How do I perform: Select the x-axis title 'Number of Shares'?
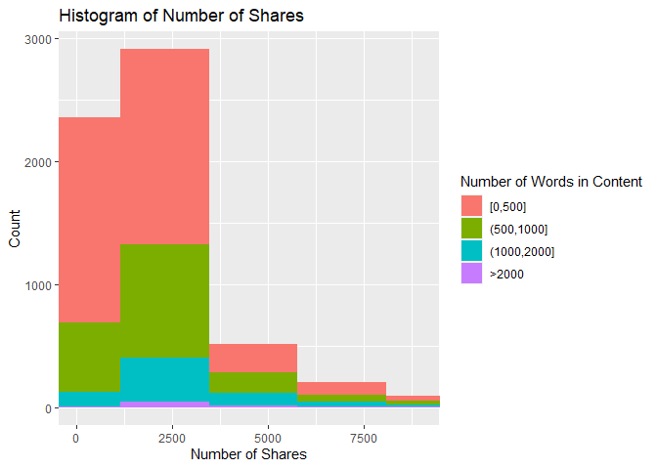tap(248, 454)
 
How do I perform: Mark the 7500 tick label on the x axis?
tap(364, 436)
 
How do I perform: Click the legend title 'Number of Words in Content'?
tap(550, 181)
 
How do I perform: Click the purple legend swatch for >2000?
tap(471, 275)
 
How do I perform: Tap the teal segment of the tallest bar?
tap(164, 379)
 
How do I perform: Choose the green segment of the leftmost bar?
tap(89, 357)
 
